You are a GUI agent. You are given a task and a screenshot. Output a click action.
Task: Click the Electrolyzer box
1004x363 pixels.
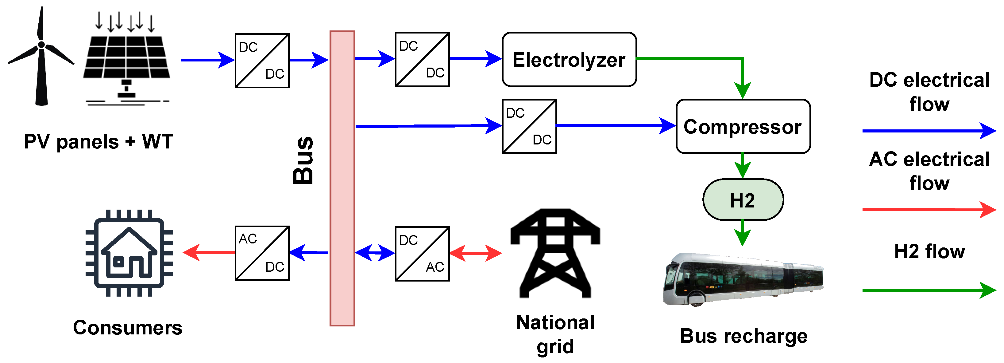coord(569,59)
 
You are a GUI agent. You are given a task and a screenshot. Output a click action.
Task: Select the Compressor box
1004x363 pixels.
coord(743,126)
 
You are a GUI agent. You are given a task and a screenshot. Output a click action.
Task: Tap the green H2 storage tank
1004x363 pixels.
coord(743,200)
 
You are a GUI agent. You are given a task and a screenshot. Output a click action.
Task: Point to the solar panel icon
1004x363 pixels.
coord(127,58)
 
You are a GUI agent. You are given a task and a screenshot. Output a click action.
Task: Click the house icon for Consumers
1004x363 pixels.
coord(129,253)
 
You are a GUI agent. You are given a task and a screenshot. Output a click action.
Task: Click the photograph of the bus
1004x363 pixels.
coord(743,279)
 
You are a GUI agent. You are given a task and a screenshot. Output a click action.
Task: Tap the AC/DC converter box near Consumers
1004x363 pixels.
coord(262,253)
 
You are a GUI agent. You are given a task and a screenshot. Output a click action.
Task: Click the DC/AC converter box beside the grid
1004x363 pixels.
coord(422,254)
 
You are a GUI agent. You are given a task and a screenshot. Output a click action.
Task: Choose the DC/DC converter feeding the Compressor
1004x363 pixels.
coord(529,126)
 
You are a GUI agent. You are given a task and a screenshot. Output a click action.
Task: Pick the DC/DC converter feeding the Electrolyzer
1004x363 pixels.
coord(422,59)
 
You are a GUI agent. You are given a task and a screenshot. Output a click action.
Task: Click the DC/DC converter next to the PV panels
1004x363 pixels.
coord(262,61)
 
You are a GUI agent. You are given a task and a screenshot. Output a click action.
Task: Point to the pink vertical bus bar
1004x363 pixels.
coord(342,178)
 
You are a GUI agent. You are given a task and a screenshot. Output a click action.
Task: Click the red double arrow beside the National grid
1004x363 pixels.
coord(476,253)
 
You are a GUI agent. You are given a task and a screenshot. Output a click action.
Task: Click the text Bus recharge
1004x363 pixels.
coord(744,336)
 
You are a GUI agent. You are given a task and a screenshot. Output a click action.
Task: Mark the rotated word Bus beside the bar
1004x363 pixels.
coord(303,160)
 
